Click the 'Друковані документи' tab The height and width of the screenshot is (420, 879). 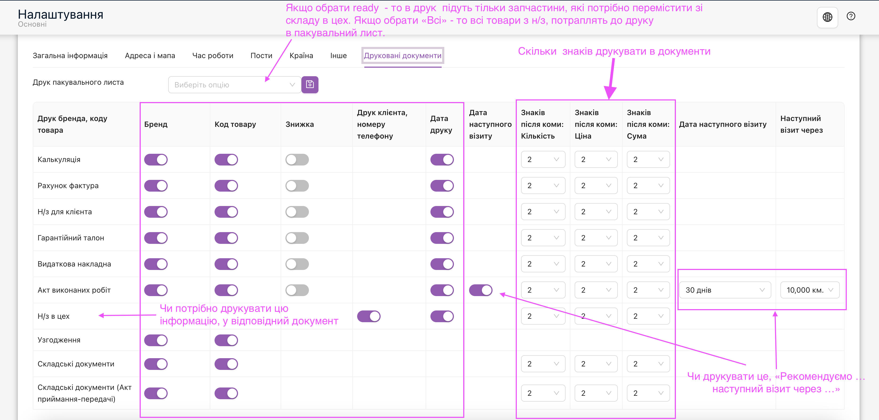pyautogui.click(x=403, y=56)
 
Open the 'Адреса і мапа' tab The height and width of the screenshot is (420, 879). pyautogui.click(x=150, y=56)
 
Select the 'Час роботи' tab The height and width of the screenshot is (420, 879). pyautogui.click(x=213, y=56)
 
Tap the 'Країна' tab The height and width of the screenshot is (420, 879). pyautogui.click(x=301, y=56)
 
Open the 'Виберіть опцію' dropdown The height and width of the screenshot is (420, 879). pyautogui.click(x=235, y=85)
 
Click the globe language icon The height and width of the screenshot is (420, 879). pyautogui.click(x=828, y=17)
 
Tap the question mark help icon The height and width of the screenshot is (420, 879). pyautogui.click(x=851, y=16)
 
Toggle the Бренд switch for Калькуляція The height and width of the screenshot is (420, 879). pyautogui.click(x=156, y=160)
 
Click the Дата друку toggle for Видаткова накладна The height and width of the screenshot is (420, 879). pyautogui.click(x=442, y=264)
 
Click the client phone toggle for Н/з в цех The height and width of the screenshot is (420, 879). pyautogui.click(x=369, y=316)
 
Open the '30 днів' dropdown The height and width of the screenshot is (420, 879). pyautogui.click(x=725, y=290)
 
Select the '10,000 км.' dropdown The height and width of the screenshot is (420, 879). pyautogui.click(x=810, y=290)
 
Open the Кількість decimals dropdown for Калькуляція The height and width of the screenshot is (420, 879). pyautogui.click(x=543, y=159)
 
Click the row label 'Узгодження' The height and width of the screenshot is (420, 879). pyautogui.click(x=59, y=340)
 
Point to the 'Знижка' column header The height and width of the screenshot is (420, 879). pyautogui.click(x=300, y=124)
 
